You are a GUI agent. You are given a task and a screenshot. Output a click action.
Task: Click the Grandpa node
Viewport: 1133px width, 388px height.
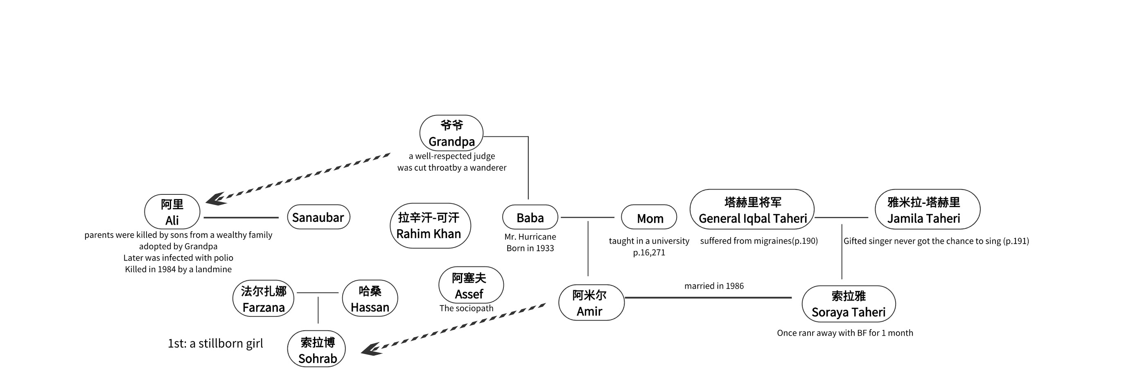click(x=451, y=133)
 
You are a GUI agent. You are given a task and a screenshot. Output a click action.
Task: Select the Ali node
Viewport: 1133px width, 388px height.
click(x=172, y=212)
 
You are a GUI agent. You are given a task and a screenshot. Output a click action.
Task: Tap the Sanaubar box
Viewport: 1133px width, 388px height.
click(x=318, y=217)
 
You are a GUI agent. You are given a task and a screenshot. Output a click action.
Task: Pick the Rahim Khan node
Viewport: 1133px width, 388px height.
click(x=430, y=226)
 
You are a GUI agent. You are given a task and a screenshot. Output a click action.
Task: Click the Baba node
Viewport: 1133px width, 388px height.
click(x=530, y=217)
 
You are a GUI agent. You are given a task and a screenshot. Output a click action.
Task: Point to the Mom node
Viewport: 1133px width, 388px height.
click(x=649, y=217)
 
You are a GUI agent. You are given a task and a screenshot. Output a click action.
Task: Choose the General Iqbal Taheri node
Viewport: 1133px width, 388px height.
click(x=752, y=210)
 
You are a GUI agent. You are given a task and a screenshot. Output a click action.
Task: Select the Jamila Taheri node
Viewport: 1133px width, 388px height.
click(x=927, y=210)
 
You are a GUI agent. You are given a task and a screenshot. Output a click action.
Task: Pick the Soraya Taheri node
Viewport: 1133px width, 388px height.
click(x=849, y=304)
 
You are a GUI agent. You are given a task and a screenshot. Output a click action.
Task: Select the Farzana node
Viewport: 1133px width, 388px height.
click(x=264, y=299)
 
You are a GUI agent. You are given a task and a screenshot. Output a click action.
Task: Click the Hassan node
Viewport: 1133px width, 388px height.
click(x=370, y=299)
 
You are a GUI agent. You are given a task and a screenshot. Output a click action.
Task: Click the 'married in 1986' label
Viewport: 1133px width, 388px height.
click(x=714, y=286)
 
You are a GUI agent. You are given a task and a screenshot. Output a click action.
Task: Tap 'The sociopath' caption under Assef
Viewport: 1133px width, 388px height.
click(x=466, y=308)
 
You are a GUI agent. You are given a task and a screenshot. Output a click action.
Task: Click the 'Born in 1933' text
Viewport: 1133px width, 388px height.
click(x=530, y=248)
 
